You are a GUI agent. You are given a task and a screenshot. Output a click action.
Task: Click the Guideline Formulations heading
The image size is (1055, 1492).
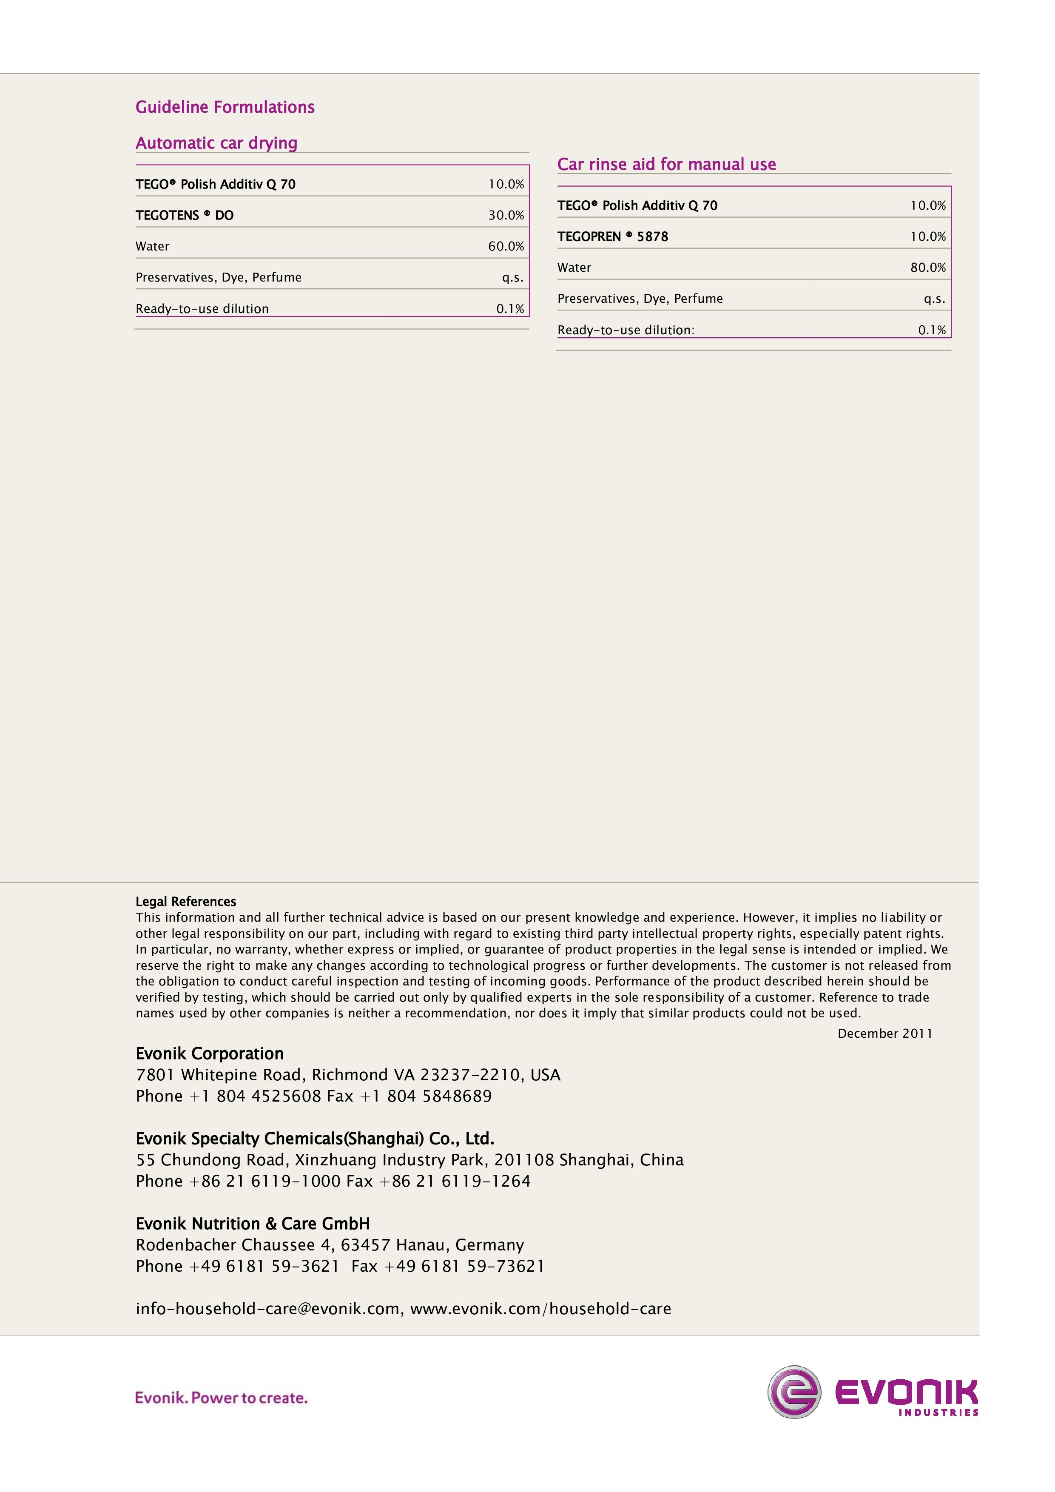[x=225, y=107]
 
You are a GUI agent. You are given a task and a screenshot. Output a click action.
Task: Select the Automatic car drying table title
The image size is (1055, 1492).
[x=216, y=143]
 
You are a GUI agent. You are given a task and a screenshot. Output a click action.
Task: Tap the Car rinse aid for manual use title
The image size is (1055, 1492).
[x=666, y=165]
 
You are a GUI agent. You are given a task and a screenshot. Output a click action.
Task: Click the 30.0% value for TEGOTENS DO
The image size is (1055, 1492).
[x=506, y=215]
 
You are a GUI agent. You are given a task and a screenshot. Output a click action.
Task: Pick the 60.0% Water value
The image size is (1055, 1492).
[x=506, y=246]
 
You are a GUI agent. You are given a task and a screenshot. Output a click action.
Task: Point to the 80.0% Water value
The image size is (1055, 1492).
[x=928, y=268]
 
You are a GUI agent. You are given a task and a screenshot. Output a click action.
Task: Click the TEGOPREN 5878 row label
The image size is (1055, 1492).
[x=613, y=236]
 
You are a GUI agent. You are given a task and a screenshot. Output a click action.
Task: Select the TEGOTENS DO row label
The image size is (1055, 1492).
[x=185, y=215]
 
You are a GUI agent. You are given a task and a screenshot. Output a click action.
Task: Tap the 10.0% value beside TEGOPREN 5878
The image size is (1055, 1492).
[x=928, y=236]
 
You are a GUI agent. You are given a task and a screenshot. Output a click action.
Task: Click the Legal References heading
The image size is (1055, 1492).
[x=186, y=901]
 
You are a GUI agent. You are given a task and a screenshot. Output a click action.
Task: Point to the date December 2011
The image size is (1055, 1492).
[x=885, y=1033]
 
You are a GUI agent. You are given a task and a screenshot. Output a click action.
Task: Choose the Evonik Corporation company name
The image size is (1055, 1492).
[x=210, y=1054]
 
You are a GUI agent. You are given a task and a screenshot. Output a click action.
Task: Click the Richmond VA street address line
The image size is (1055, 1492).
[x=347, y=1075]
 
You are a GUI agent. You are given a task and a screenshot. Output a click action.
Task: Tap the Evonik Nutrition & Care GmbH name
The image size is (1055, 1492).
[x=253, y=1224]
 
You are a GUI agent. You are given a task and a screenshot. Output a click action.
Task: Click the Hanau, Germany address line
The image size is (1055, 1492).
[x=330, y=1245]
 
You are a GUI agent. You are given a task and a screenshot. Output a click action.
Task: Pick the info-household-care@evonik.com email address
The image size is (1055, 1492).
[x=267, y=1309]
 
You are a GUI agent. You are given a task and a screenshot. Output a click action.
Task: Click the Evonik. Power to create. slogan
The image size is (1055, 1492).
[x=221, y=1398]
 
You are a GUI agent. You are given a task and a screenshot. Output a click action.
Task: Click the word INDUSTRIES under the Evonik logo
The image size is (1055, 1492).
[x=938, y=1412]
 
